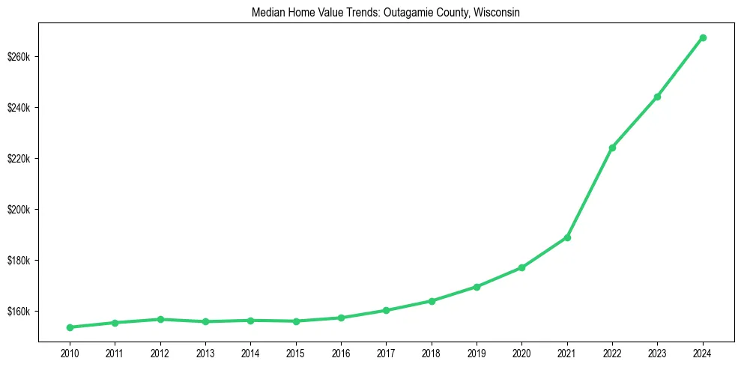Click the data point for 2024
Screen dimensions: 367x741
[x=703, y=37]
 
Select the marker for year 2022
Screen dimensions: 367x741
[x=612, y=148]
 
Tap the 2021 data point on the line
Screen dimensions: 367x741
[x=567, y=237]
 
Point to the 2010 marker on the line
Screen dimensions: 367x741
[x=70, y=327]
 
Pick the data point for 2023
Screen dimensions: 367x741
[x=657, y=97]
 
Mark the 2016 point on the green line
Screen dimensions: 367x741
[x=341, y=318]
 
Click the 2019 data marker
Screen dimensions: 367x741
[x=477, y=287]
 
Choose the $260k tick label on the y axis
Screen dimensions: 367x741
[x=19, y=57]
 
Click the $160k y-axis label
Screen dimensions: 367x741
[x=19, y=311]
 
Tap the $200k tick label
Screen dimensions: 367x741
[x=19, y=210]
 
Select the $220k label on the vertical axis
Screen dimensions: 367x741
[x=19, y=159]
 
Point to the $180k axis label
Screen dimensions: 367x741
[x=19, y=261]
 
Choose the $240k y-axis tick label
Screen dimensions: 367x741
[x=19, y=108]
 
